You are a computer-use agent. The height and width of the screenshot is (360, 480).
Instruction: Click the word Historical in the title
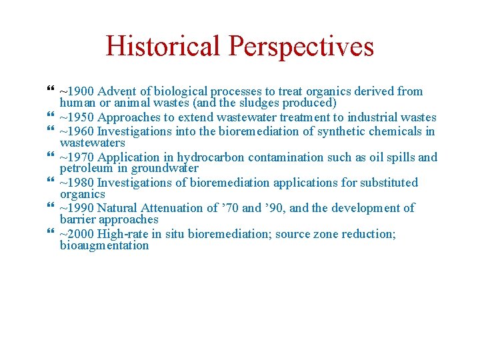tap(163, 47)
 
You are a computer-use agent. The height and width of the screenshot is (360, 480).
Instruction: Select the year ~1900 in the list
tap(77, 91)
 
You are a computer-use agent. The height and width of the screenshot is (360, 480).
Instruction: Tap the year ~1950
tap(77, 117)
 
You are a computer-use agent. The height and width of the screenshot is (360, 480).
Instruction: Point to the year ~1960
tap(77, 131)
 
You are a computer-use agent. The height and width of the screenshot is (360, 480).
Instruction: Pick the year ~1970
tap(77, 157)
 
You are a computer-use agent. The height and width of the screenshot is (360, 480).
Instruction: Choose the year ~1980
tap(77, 183)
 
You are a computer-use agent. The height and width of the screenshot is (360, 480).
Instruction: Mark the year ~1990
tap(77, 208)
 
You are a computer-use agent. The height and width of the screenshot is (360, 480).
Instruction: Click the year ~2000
tap(77, 233)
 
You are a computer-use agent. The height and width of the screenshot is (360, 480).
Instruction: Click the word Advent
tap(115, 91)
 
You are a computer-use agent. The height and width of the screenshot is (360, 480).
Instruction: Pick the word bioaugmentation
tap(105, 245)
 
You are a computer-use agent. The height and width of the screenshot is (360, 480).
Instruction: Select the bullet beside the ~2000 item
tap(52, 233)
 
